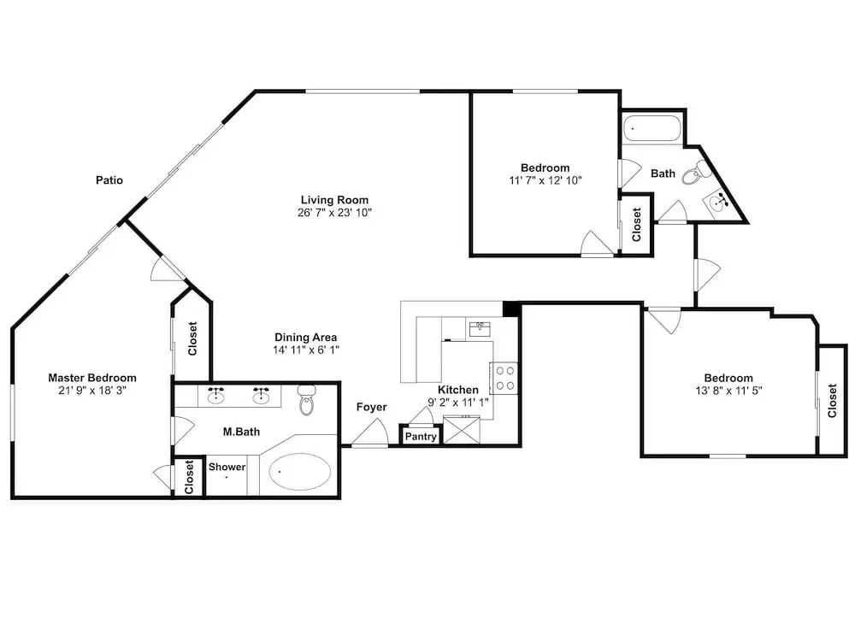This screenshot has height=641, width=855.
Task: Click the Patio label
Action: pyautogui.click(x=109, y=179)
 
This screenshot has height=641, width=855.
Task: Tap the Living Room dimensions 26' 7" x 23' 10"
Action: pyautogui.click(x=334, y=213)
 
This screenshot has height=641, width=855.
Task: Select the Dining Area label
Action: pyautogui.click(x=305, y=338)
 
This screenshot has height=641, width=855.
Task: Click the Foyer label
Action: pyautogui.click(x=371, y=407)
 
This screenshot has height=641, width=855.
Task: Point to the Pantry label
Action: pyautogui.click(x=421, y=437)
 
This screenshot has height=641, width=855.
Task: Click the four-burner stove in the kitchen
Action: pyautogui.click(x=504, y=378)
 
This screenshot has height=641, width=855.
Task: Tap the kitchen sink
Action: pyautogui.click(x=480, y=329)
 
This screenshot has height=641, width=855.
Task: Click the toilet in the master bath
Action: pyautogui.click(x=307, y=399)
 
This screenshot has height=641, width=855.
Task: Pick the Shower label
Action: pyautogui.click(x=227, y=468)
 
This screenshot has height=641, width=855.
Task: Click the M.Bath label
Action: pyautogui.click(x=241, y=432)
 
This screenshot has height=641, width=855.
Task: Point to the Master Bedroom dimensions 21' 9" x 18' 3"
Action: pyautogui.click(x=92, y=391)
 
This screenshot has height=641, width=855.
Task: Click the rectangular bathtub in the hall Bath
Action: pyautogui.click(x=652, y=129)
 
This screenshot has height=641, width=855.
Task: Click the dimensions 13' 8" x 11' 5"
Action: pyautogui.click(x=728, y=391)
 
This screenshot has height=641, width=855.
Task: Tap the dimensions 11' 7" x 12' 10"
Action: pyautogui.click(x=545, y=180)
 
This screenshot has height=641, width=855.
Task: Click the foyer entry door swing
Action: pyautogui.click(x=369, y=432)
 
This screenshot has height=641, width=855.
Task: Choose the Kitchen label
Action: pyautogui.click(x=458, y=390)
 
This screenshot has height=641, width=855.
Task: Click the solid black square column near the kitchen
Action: pyautogui.click(x=511, y=309)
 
